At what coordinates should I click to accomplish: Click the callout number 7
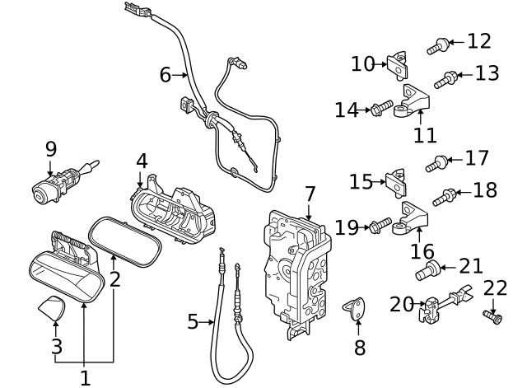[x=310, y=194]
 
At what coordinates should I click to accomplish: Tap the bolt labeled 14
[x=381, y=109]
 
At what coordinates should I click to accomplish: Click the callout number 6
[x=166, y=75]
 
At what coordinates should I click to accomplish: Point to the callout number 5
[x=193, y=321]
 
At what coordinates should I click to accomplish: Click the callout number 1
[x=85, y=378]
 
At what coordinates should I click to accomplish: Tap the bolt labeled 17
[x=436, y=162]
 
